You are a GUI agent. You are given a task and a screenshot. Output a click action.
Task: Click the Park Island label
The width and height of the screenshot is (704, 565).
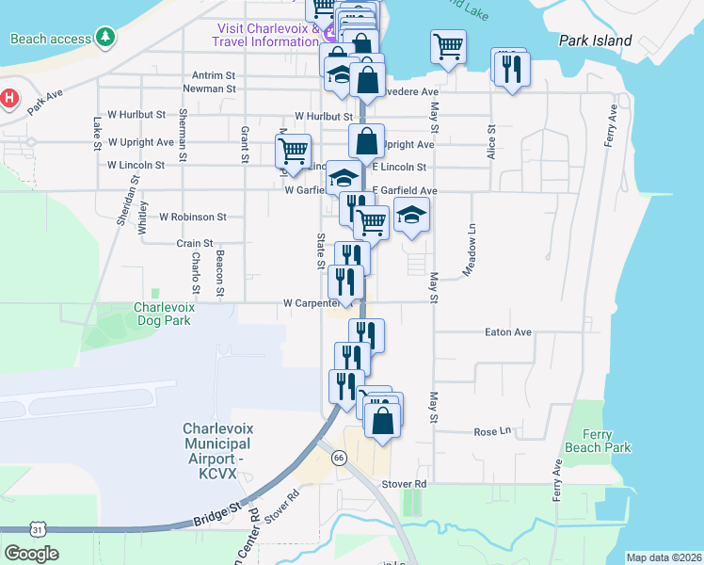[x=595, y=41]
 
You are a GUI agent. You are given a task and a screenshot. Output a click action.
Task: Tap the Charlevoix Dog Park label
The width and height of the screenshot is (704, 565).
[x=162, y=314]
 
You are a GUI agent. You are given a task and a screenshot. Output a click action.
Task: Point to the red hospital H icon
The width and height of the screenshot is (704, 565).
[x=8, y=98]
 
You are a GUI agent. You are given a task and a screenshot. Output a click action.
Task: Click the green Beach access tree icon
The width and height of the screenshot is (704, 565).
[x=108, y=39]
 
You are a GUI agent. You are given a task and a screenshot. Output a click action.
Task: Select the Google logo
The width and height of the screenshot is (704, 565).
[x=31, y=554]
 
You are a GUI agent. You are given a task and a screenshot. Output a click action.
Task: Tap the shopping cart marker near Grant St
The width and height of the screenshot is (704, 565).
[x=293, y=150]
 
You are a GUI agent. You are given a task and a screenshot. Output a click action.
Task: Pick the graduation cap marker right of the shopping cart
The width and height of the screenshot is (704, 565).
[x=411, y=215]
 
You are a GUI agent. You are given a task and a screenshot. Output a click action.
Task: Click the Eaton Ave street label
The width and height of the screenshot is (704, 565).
[x=508, y=332]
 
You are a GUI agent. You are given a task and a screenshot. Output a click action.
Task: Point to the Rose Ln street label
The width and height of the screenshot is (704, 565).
[x=491, y=431]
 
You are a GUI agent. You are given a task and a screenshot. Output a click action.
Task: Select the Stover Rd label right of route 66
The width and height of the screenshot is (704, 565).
[x=404, y=484]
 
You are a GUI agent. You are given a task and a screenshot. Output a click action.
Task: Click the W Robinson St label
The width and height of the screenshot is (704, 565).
[x=193, y=217]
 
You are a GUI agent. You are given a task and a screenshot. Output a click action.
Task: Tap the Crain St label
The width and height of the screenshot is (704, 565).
[x=195, y=243]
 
